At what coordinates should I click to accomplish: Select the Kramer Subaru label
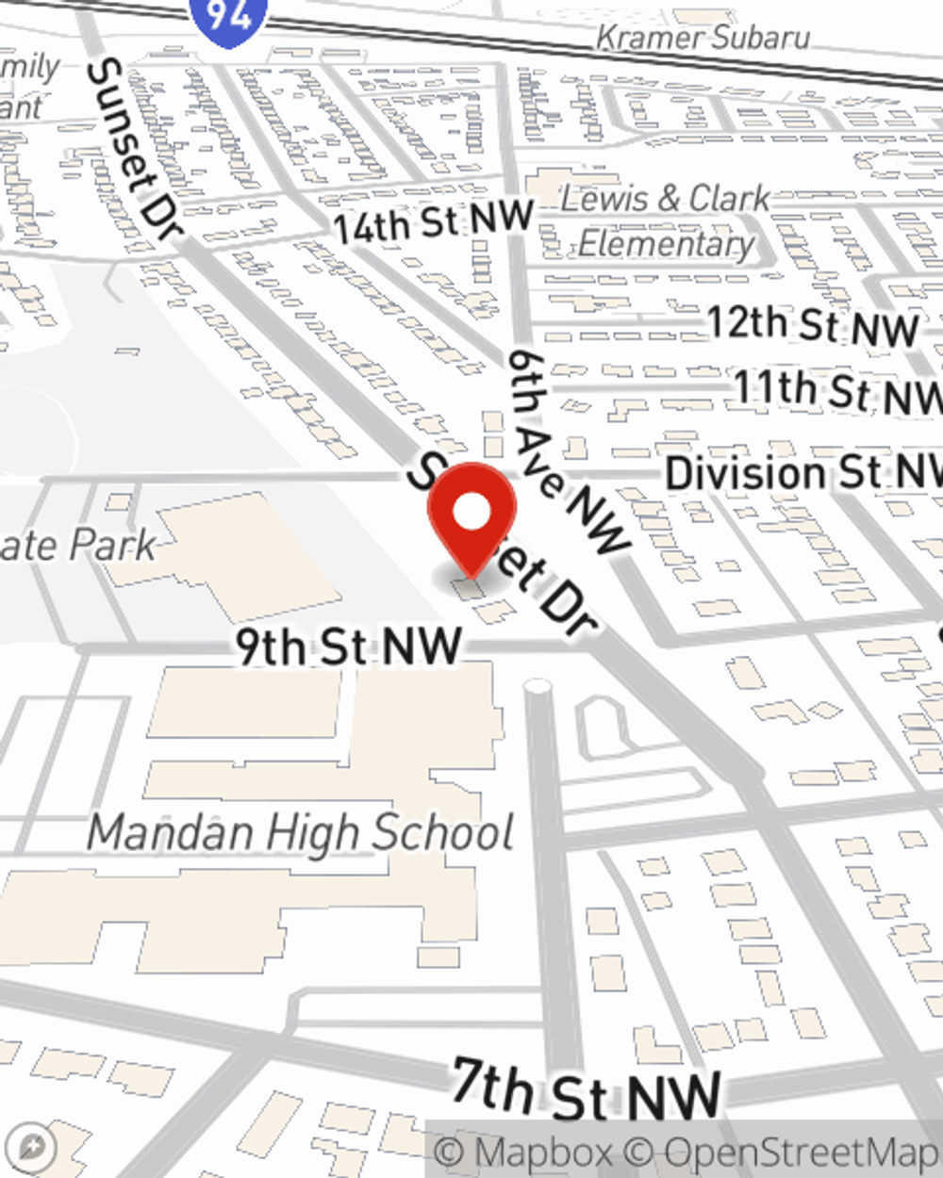click(703, 38)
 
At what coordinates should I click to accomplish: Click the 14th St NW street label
click(433, 223)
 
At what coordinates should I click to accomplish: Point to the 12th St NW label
click(813, 325)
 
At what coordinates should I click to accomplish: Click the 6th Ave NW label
click(567, 451)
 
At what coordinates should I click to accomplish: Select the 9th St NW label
click(349, 647)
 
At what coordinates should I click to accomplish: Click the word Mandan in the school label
click(171, 833)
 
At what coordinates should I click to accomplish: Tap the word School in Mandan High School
click(442, 833)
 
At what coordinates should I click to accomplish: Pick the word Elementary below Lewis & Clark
click(666, 244)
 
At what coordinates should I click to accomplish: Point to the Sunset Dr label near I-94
click(132, 151)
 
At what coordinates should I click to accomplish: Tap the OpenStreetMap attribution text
click(792, 1153)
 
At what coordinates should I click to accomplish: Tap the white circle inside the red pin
click(471, 514)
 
